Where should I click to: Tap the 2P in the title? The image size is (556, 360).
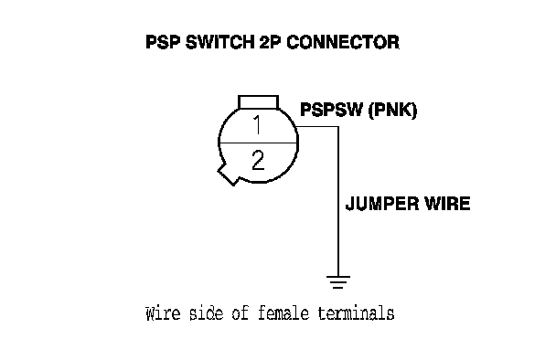[271, 42]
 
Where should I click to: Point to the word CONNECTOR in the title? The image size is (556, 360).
[343, 42]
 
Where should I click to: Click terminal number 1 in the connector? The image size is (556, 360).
[258, 125]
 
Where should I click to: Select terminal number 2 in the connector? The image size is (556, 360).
[258, 160]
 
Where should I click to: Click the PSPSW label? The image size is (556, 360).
[332, 110]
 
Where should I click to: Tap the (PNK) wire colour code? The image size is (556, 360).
[392, 110]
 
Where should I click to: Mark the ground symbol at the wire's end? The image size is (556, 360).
[338, 282]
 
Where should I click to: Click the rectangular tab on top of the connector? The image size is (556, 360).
[258, 102]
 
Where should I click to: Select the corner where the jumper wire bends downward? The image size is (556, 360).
[338, 127]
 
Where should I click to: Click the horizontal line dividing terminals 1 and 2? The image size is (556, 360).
[258, 143]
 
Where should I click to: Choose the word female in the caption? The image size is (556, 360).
[283, 313]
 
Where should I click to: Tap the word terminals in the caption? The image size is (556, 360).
[356, 313]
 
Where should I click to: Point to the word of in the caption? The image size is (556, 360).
[241, 313]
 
